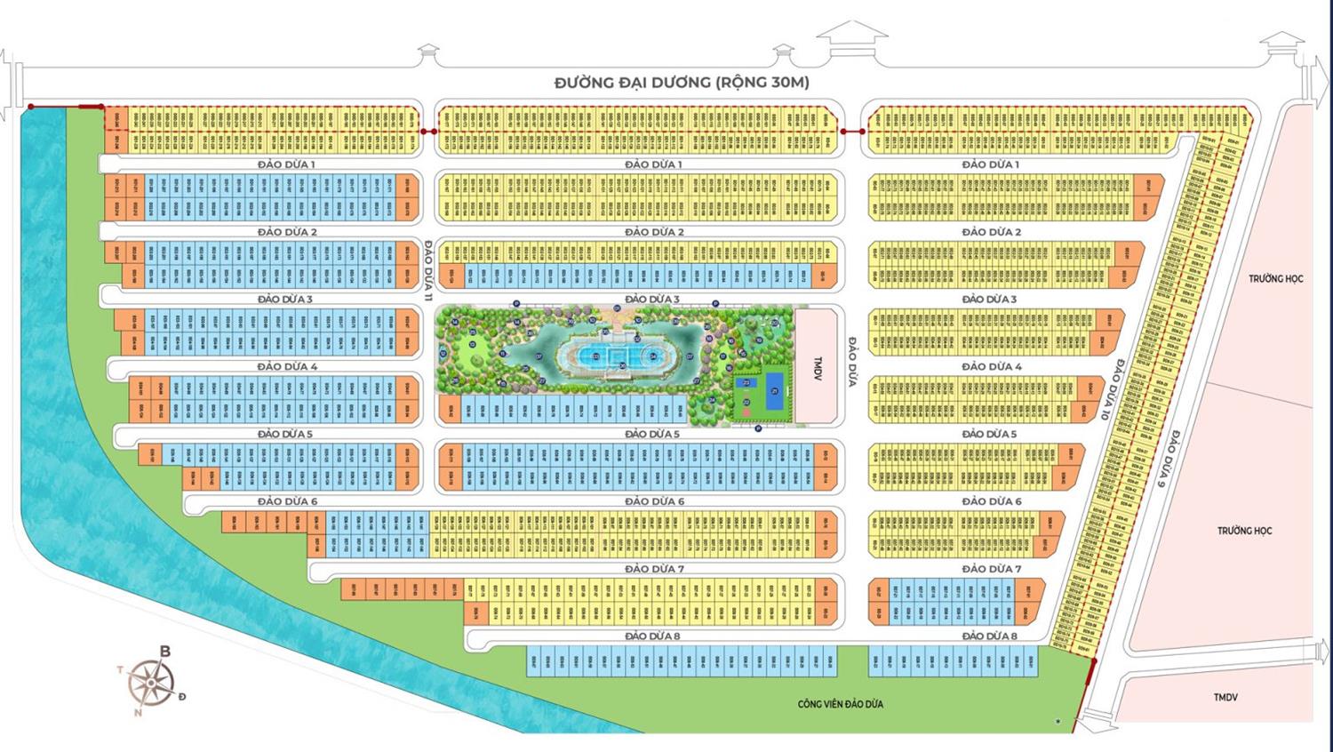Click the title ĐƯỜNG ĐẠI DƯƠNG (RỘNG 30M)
click(682, 83)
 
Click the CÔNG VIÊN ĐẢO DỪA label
click(840, 704)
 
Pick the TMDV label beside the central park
click(818, 369)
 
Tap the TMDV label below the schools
click(1225, 697)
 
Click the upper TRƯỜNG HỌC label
click(1275, 278)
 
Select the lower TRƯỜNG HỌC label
click(1244, 531)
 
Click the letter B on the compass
click(164, 652)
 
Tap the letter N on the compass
click(138, 712)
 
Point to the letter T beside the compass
click(120, 670)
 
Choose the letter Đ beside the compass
click(182, 696)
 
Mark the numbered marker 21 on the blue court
click(774, 391)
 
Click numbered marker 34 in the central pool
click(653, 357)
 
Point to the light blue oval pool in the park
click(619, 357)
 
